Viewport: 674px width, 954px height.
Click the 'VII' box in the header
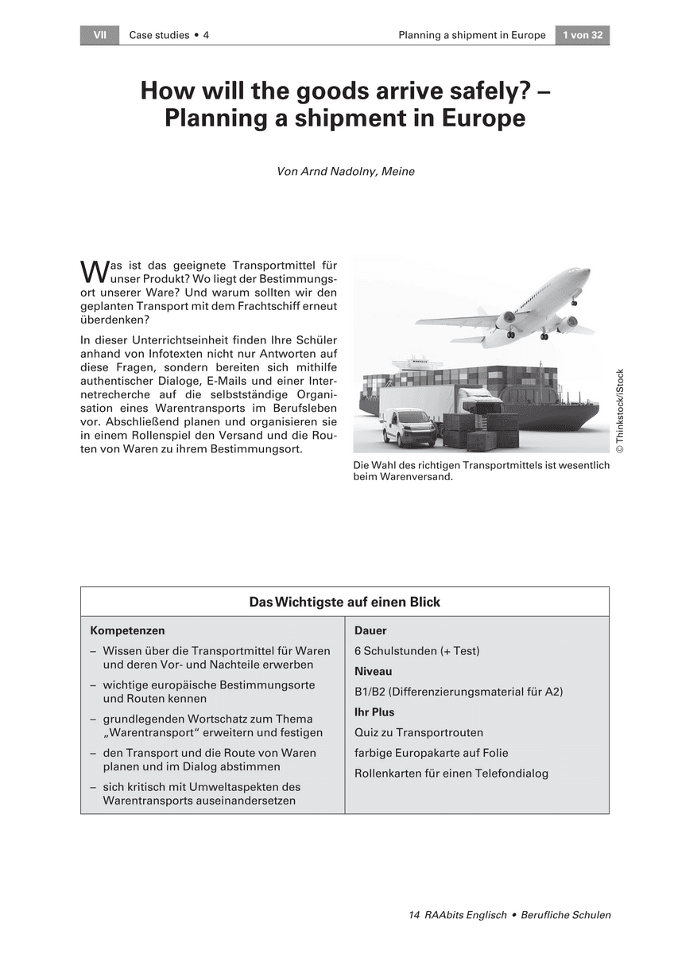point(99,35)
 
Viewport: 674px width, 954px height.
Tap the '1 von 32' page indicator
point(582,35)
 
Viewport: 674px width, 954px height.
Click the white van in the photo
point(408,428)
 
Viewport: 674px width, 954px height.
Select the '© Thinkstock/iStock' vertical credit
point(620,412)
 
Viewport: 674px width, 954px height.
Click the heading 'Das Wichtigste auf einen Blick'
point(344,602)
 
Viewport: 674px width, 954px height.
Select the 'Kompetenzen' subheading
point(127,630)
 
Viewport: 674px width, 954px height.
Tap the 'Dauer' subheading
point(370,630)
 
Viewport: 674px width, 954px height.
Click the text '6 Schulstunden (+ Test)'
point(416,651)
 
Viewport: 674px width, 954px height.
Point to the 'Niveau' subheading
point(373,672)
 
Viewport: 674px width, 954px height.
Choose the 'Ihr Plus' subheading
point(374,712)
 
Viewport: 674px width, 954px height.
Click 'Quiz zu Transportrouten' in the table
point(418,732)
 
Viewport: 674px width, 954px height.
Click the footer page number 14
point(413,915)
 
